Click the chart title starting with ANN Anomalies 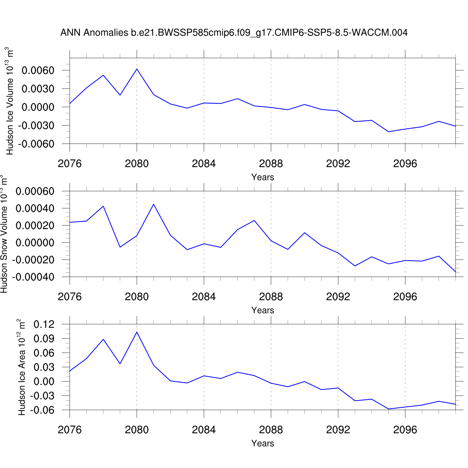click(234, 33)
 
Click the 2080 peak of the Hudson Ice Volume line click(137, 69)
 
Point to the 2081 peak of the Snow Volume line click(154, 204)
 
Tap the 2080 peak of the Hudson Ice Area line click(137, 332)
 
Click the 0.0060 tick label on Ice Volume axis click(38, 71)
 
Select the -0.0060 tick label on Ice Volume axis click(36, 144)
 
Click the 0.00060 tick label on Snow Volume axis click(35, 191)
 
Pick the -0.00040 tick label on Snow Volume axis click(33, 277)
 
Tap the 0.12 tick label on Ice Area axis click(44, 324)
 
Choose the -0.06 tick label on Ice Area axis click(42, 410)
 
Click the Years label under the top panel click(263, 177)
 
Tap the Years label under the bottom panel click(263, 443)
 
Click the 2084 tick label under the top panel click(204, 163)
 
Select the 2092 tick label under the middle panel click(338, 297)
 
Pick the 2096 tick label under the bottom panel click(405, 430)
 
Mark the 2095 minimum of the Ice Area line click(388, 409)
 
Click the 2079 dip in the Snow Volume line click(120, 247)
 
